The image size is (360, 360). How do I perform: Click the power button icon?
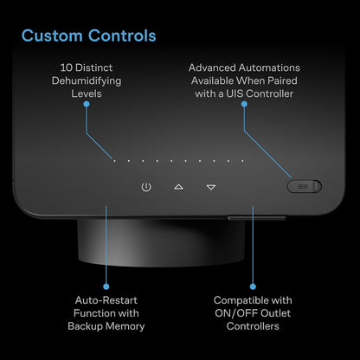(x=146, y=187)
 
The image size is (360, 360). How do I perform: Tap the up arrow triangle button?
(x=178, y=187)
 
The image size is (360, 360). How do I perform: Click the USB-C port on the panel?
(x=302, y=186)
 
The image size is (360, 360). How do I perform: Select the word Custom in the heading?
(x=52, y=35)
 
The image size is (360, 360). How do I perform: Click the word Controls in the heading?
(x=122, y=35)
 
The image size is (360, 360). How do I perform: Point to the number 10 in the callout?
(x=66, y=67)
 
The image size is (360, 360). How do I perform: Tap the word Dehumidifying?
(x=87, y=81)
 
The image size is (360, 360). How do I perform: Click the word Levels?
(x=87, y=93)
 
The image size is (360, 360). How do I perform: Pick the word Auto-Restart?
(x=106, y=300)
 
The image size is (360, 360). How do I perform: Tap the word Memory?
(x=125, y=326)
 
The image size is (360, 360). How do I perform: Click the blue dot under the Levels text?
(x=87, y=104)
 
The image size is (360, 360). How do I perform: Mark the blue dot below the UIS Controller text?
(x=244, y=104)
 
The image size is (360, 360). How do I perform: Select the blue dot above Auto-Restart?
(x=106, y=286)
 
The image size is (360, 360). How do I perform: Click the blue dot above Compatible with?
(x=253, y=286)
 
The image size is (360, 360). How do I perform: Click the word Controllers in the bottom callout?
(x=253, y=326)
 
